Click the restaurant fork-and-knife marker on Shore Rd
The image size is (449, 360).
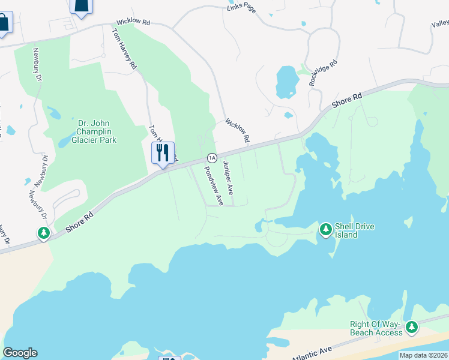(x=162, y=154)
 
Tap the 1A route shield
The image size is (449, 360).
(x=211, y=158)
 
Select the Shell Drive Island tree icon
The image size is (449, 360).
(x=325, y=229)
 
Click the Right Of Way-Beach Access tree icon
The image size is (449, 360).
(x=411, y=328)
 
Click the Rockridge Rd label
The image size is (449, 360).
(x=323, y=73)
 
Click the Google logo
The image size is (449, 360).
(x=20, y=353)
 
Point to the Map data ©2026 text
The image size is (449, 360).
(x=423, y=355)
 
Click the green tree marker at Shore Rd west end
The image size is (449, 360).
(x=44, y=233)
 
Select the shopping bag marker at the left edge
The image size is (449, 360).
(x=4, y=24)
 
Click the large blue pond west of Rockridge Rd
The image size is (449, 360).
(x=286, y=81)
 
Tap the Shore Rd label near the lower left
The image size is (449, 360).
(x=80, y=221)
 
